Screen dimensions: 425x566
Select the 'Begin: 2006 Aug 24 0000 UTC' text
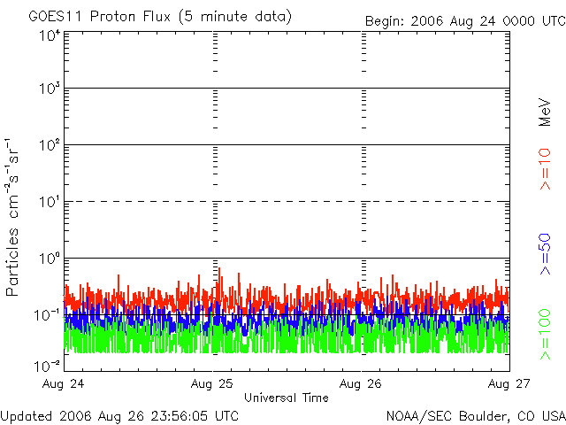tap(465, 19)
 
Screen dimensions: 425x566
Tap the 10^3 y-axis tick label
tap(48, 89)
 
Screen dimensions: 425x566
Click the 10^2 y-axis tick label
tap(48, 145)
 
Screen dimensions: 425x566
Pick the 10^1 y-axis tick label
tap(48, 202)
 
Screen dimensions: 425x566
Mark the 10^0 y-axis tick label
tap(48, 259)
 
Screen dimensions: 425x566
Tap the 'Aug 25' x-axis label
tap(215, 384)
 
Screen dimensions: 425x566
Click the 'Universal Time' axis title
tap(286, 398)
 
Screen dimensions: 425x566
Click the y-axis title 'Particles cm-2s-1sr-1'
tap(15, 217)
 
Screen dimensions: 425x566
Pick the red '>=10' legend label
tap(547, 170)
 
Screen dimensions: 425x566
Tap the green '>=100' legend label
tap(547, 333)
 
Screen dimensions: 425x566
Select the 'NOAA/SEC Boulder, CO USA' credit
tap(475, 414)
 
